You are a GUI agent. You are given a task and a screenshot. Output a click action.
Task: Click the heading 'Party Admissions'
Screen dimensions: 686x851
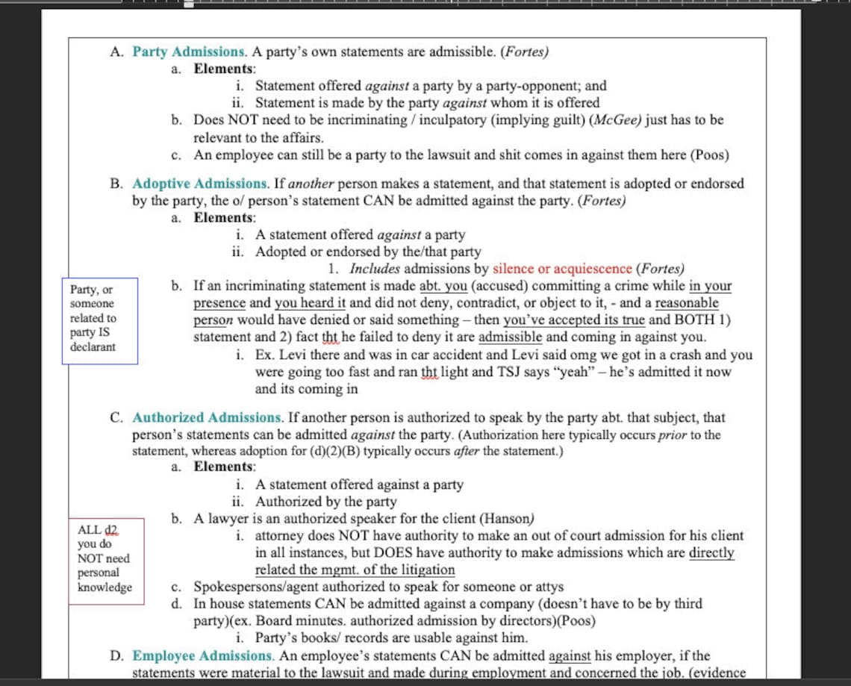(x=189, y=52)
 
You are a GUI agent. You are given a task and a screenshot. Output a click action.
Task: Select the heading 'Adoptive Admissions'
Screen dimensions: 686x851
(x=200, y=184)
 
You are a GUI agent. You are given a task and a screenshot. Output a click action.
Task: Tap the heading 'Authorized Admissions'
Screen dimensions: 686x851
(x=207, y=418)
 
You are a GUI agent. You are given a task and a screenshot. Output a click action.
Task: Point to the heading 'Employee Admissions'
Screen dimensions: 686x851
(x=202, y=656)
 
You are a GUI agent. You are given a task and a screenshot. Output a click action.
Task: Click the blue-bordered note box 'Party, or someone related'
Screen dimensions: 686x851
(x=99, y=319)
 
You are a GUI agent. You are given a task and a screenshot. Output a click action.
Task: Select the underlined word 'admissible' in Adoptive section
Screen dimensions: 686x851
(x=511, y=337)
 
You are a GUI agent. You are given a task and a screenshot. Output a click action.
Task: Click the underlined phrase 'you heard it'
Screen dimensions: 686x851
(x=310, y=303)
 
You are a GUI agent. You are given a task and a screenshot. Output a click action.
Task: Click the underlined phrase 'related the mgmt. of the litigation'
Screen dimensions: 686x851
(x=355, y=570)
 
